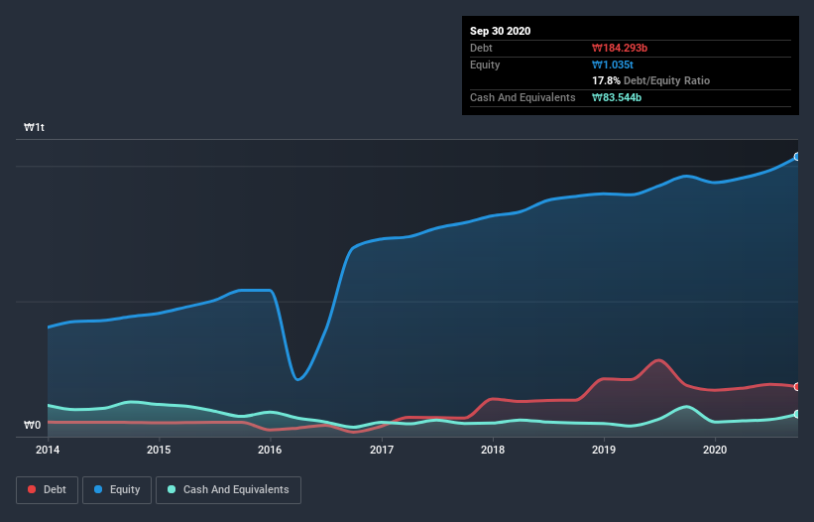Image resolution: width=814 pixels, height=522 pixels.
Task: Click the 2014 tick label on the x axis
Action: pos(48,450)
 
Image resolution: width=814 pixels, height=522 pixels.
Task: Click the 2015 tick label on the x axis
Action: pos(159,450)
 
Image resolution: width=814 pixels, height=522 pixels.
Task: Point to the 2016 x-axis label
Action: pos(270,450)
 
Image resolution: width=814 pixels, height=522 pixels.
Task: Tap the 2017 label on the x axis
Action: pos(382,450)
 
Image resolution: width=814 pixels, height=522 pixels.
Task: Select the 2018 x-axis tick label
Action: pos(493,450)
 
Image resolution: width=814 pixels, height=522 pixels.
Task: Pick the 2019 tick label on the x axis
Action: pos(604,450)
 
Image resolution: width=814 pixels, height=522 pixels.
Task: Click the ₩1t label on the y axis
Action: pos(35,128)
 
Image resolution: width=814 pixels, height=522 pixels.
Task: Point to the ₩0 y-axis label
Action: pos(33,426)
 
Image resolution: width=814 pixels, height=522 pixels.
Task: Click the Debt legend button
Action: pos(46,489)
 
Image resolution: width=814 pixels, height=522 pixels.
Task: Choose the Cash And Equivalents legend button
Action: pos(228,489)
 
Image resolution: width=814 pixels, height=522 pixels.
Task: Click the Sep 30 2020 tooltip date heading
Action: pos(501,31)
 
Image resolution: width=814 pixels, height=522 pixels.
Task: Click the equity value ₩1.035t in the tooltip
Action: pos(613,65)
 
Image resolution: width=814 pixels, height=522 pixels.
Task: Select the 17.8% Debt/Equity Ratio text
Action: pos(650,80)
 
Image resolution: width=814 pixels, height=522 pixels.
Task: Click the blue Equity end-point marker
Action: pos(796,157)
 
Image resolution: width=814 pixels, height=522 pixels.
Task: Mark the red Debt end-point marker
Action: pos(796,386)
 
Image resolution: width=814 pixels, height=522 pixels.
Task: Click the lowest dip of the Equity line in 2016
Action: pos(297,379)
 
